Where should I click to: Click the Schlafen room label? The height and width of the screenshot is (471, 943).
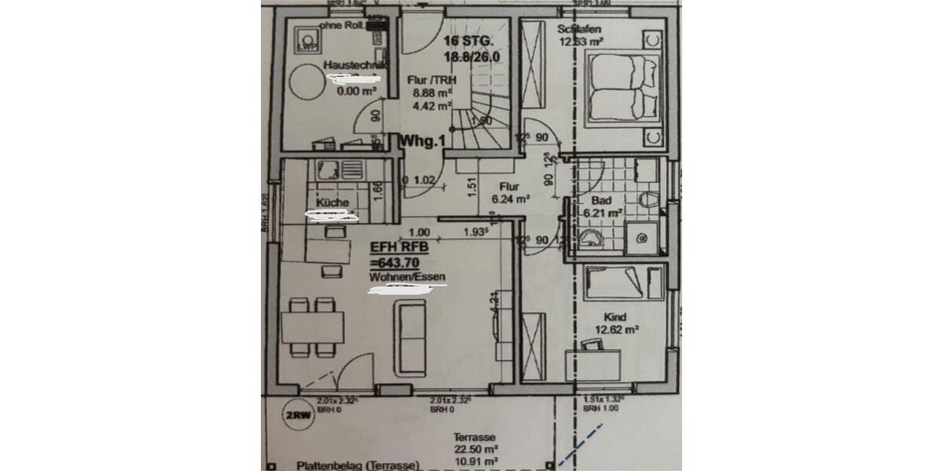(579, 30)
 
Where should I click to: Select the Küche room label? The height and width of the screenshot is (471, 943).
(332, 203)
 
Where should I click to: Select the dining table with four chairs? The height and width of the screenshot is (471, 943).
(313, 323)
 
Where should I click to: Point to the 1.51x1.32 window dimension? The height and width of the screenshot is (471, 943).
(602, 400)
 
